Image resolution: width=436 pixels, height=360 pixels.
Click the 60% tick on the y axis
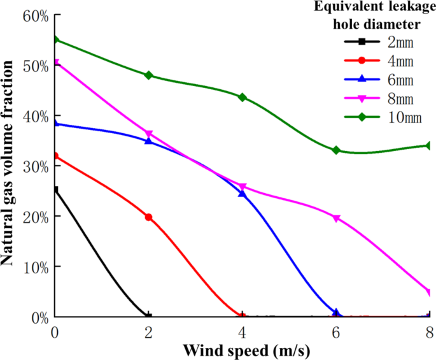point(35,16)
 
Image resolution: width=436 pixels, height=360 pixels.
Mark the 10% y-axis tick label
point(35,266)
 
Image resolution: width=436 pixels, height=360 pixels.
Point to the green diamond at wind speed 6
point(336,150)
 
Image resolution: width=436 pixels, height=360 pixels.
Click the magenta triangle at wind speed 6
point(336,218)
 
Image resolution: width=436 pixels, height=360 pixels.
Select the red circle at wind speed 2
point(149,217)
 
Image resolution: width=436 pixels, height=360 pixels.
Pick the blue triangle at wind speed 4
point(243,192)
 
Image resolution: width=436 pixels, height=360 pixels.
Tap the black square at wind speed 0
point(55,190)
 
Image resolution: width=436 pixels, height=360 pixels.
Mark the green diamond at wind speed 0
point(55,40)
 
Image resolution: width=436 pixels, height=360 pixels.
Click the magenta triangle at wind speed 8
point(429,292)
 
